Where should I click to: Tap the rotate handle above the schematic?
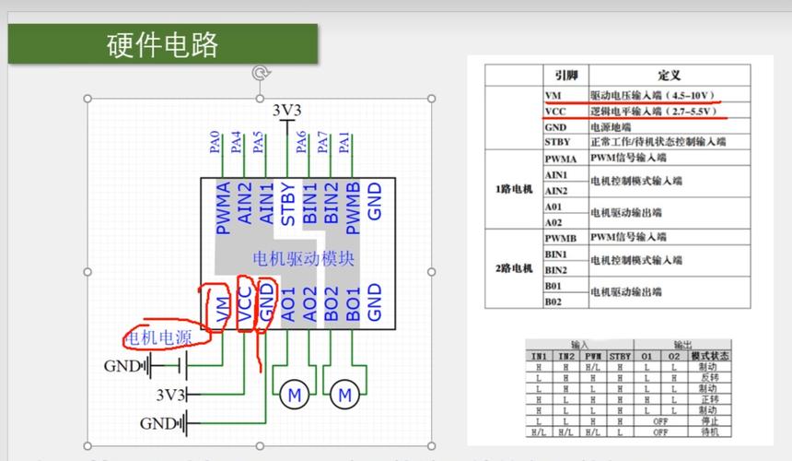261,72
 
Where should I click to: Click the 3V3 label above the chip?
287,111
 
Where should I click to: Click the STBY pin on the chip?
288,204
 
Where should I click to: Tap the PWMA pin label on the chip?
222,208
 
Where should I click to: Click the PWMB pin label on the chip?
353,208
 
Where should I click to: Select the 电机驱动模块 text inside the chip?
302,259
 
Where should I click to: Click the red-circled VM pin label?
222,308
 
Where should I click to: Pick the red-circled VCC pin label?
244,303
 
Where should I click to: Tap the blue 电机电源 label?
158,337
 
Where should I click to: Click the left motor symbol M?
296,396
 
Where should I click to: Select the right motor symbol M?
345,396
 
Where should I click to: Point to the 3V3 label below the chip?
170,395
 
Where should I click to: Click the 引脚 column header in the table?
565,74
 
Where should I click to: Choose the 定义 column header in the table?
669,74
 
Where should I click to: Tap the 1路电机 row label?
514,189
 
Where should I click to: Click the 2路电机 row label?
514,268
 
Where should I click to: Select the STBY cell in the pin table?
557,142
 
